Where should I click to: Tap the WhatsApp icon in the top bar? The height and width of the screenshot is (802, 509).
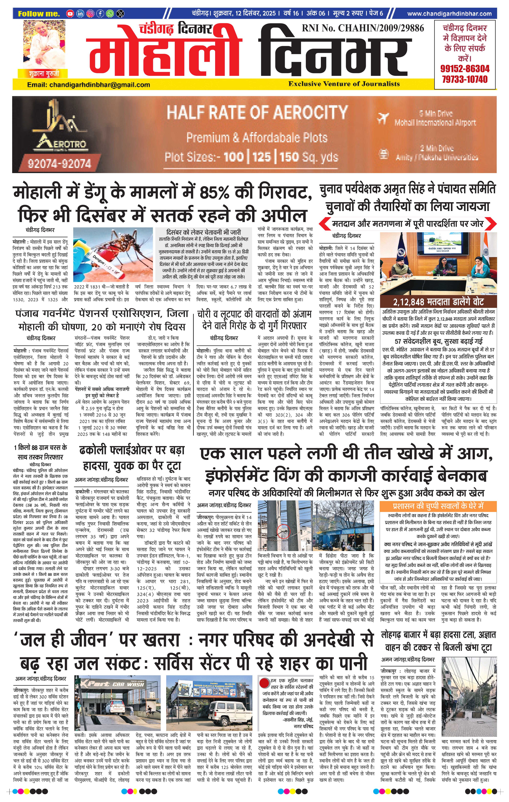(110, 14)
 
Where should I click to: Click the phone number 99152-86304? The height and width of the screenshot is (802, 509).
(465, 69)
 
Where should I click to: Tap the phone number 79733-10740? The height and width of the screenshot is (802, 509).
(465, 79)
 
